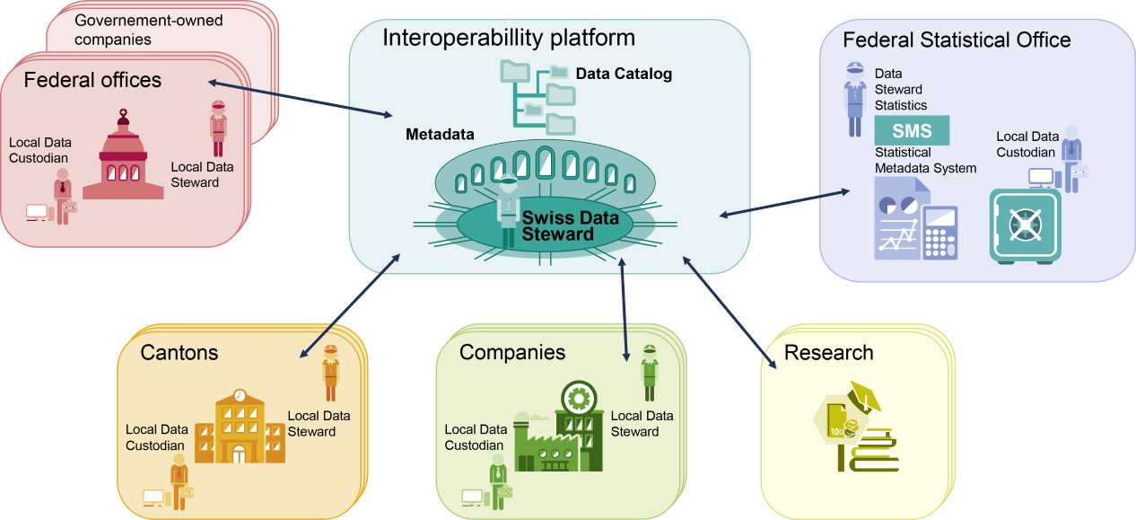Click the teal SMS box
[x=912, y=131]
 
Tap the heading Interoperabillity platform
[x=509, y=38]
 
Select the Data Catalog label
[x=624, y=74]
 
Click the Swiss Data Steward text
[x=557, y=225]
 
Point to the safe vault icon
[x=1024, y=225]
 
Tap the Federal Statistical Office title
[x=957, y=40]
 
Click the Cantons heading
[x=179, y=352]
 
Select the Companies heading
[x=512, y=352]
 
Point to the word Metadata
[x=440, y=135]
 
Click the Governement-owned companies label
[x=149, y=30]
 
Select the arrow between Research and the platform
[x=728, y=313]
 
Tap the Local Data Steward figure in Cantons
[x=330, y=373]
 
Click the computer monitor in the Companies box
[x=472, y=496]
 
